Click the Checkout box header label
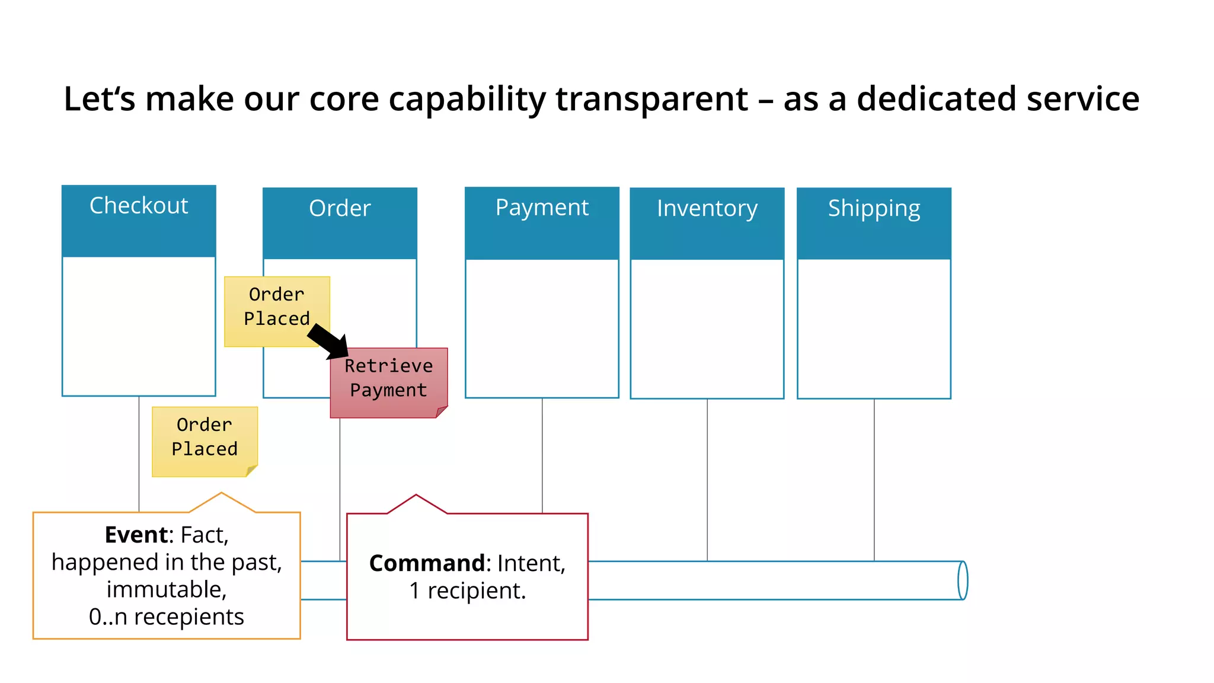point(139,206)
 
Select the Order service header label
point(340,208)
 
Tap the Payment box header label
point(542,208)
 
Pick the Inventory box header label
point(707,208)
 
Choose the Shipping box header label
point(874,208)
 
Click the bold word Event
point(136,535)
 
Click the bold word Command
point(427,563)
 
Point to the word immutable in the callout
point(167,590)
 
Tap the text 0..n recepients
point(167,617)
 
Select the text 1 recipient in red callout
point(467,591)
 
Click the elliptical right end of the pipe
point(963,580)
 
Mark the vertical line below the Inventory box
point(707,480)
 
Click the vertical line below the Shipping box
point(874,480)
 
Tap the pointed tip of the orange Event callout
point(222,494)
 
